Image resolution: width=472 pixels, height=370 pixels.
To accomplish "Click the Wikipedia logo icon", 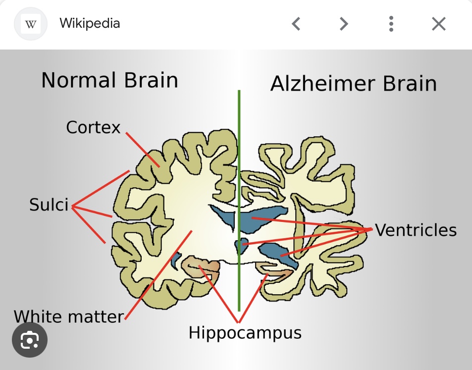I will [31, 24].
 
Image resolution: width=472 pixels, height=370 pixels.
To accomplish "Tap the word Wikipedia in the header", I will [90, 23].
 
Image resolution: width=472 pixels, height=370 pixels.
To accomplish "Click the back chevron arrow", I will [296, 24].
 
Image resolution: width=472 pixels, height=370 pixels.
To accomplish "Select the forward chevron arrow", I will [344, 24].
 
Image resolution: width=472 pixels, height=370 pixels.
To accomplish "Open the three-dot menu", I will [391, 24].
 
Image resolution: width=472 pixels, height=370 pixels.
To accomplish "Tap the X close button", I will [438, 24].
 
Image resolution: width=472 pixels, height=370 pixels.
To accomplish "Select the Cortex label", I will [93, 127].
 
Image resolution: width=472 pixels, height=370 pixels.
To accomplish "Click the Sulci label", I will [49, 205].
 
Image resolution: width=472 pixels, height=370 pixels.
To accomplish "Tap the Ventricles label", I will [416, 230].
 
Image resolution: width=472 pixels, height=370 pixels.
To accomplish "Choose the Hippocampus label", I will [245, 332].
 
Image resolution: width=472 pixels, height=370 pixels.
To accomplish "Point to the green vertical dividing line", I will [239, 149].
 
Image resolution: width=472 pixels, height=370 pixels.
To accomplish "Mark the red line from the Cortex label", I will [143, 150].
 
